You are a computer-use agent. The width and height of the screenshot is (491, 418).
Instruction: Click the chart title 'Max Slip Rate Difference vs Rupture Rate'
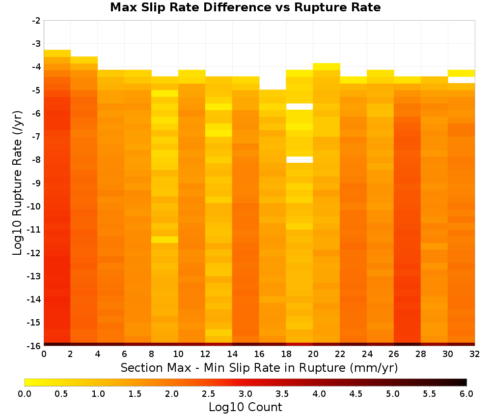point(245,7)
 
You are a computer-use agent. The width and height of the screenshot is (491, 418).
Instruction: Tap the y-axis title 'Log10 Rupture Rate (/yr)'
point(17,183)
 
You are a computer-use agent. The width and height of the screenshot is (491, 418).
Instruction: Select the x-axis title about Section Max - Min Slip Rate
point(259,367)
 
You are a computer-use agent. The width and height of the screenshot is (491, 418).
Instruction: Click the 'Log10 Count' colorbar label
point(245,407)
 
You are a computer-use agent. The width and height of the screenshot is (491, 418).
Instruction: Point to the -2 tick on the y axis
point(36,21)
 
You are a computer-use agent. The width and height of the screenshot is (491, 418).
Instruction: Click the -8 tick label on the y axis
point(36,160)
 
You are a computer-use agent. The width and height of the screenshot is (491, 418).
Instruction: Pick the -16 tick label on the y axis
point(34,346)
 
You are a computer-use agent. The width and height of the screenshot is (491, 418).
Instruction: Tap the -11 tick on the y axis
point(34,230)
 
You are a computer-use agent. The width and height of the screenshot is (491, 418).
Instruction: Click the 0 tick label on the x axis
point(44,354)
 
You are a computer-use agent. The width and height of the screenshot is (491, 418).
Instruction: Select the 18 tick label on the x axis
point(286,354)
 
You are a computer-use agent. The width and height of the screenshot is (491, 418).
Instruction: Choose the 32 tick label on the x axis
point(475,354)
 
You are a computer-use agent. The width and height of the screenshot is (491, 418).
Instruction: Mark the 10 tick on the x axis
point(178,354)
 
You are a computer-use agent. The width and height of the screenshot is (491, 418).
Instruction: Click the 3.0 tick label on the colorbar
point(245,394)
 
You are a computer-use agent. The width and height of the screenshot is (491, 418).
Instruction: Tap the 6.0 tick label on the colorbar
point(466,394)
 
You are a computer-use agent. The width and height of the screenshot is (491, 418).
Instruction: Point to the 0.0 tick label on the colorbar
point(25,394)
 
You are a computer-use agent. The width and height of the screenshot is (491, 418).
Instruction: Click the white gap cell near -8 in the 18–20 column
point(300,160)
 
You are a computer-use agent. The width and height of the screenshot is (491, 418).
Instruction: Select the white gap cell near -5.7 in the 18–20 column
point(300,107)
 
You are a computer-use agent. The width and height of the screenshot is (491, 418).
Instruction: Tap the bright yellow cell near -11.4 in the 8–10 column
point(164,239)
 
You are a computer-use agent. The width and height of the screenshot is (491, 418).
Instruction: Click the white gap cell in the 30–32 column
point(461,80)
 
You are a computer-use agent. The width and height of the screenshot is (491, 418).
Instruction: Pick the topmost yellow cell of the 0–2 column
point(57,53)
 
